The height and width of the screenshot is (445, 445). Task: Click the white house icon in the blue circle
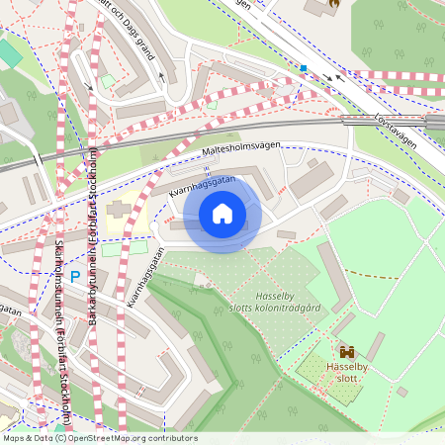pos(222,214)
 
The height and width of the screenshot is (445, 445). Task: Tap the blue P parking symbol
pos(74,251)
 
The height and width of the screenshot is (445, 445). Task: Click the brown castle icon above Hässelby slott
pos(347,351)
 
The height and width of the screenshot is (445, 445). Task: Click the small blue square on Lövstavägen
pos(304,68)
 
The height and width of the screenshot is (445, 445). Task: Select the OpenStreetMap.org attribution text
pos(99,438)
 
